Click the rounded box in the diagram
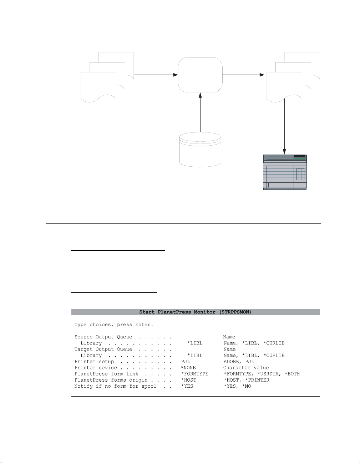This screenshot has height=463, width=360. [200, 75]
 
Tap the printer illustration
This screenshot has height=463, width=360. [285, 172]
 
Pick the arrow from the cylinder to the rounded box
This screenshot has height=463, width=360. [201, 112]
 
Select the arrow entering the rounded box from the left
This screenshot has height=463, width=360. [156, 75]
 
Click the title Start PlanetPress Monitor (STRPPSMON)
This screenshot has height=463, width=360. [195, 312]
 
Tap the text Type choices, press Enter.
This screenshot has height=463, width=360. [114, 325]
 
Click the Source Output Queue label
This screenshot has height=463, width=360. [103, 337]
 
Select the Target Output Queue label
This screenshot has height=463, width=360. [103, 349]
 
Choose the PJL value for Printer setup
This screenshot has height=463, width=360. [186, 362]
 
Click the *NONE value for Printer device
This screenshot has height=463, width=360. [188, 368]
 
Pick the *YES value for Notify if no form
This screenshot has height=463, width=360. [187, 386]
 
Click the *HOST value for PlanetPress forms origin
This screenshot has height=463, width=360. [188, 380]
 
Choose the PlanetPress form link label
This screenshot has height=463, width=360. [106, 374]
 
